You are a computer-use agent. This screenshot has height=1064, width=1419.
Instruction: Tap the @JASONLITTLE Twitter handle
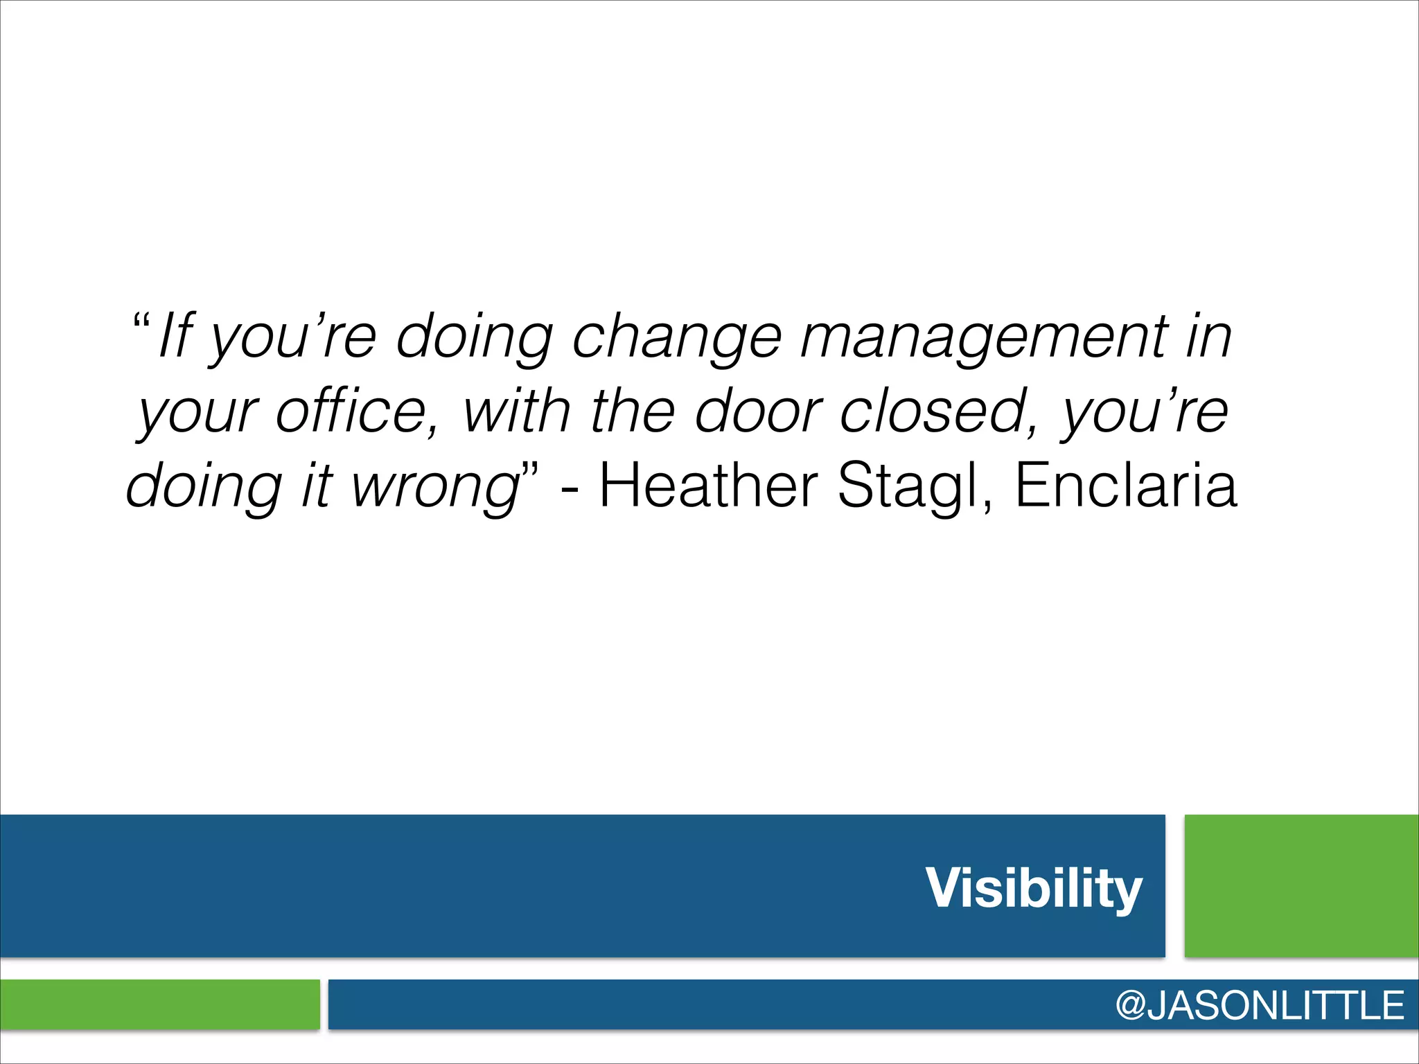tap(1259, 1005)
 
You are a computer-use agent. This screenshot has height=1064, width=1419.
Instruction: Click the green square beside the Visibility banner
tap(1301, 886)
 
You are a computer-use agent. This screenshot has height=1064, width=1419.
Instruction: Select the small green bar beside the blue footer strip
tap(159, 1004)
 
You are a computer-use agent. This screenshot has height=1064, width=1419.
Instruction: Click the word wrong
tap(435, 486)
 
